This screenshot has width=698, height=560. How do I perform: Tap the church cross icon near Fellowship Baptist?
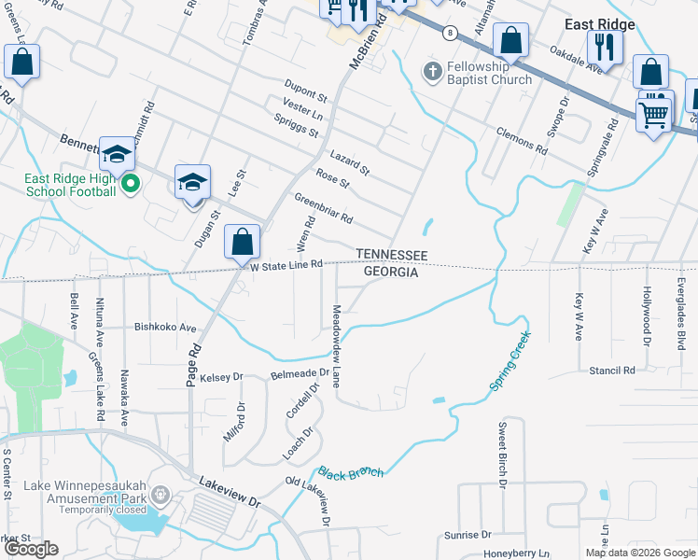click(432, 72)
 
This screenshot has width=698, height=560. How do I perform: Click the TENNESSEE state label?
click(391, 255)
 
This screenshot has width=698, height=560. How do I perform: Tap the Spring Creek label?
click(510, 361)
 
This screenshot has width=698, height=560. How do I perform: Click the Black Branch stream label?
click(351, 473)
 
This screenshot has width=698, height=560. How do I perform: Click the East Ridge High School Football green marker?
click(131, 185)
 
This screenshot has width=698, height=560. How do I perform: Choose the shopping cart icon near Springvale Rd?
click(654, 115)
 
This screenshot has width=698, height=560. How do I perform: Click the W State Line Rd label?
click(286, 265)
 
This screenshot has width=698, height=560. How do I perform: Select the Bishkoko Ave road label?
click(166, 328)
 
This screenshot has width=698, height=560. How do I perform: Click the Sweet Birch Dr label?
click(501, 455)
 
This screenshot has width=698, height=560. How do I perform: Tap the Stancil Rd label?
click(611, 371)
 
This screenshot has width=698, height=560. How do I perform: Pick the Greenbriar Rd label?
click(324, 208)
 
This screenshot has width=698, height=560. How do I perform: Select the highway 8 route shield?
click(450, 33)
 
